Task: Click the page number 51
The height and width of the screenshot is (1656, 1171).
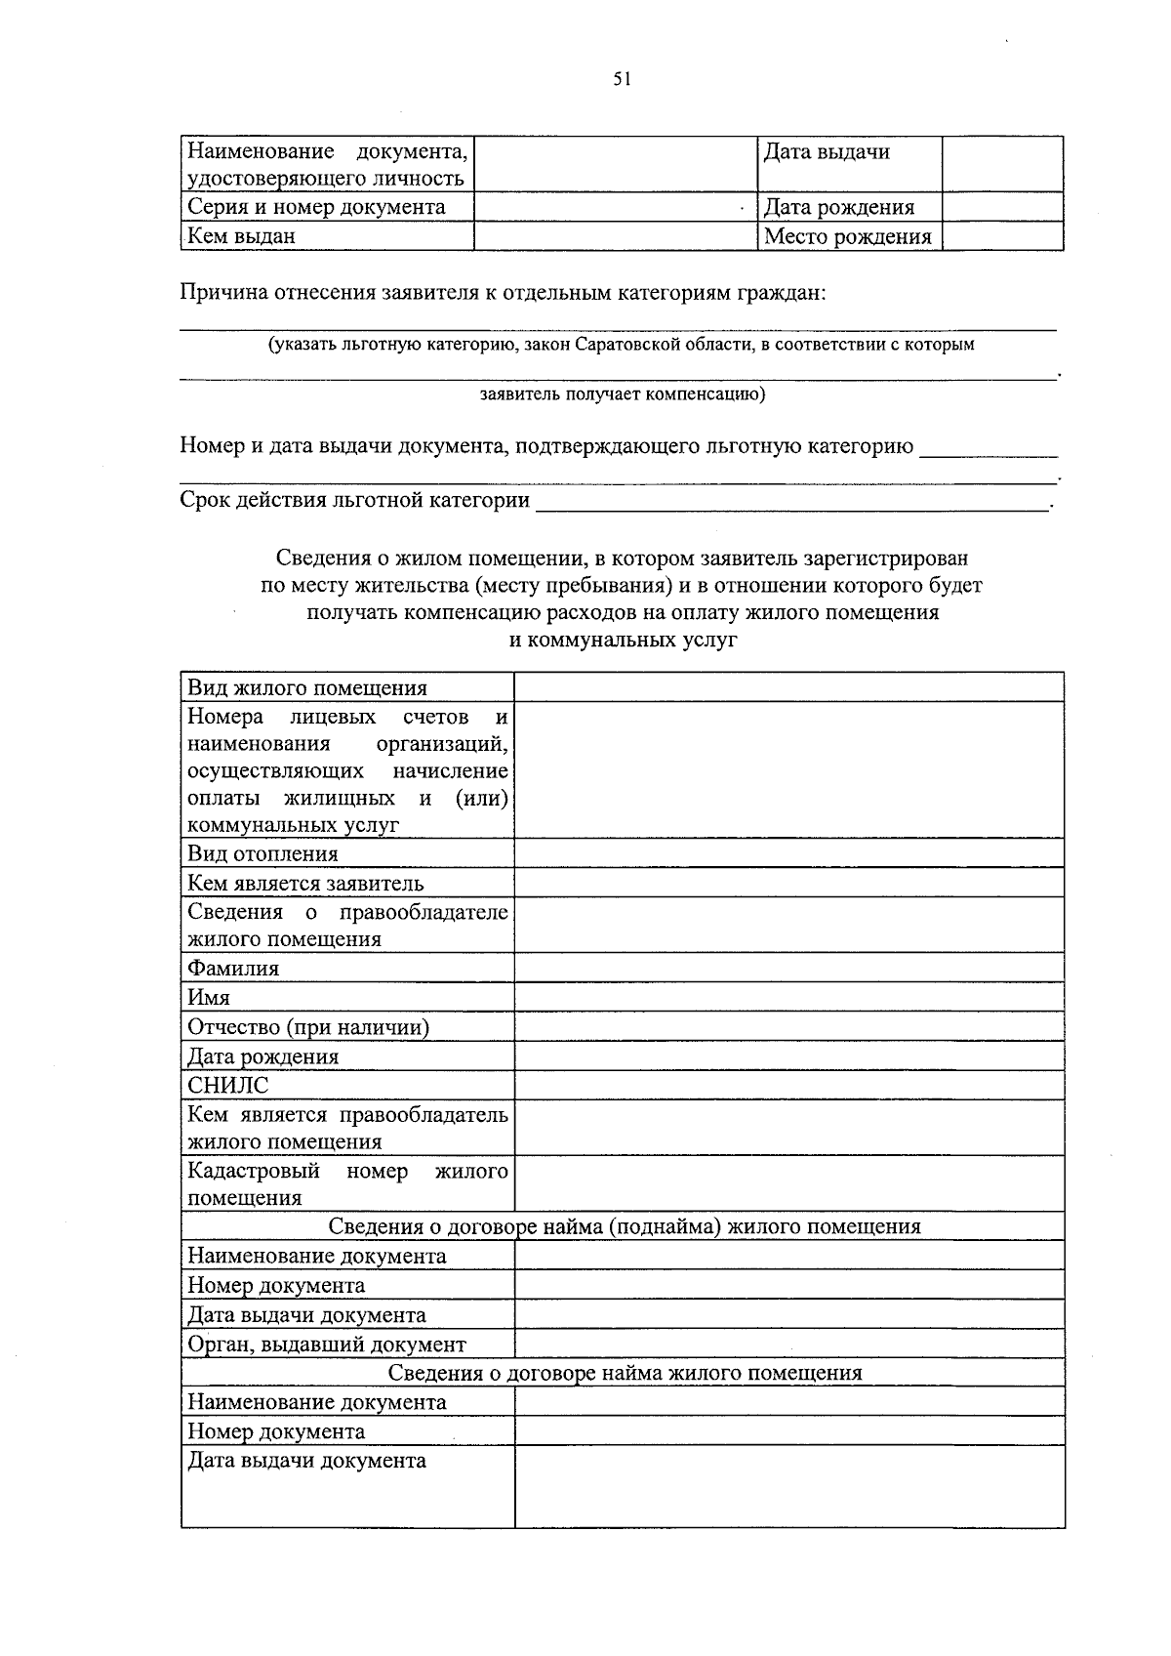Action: click(x=623, y=80)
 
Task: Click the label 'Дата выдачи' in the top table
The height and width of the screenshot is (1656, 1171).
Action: click(x=826, y=151)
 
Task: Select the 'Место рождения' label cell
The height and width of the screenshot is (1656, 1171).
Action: click(x=847, y=236)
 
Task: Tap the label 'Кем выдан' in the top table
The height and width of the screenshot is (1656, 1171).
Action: click(x=241, y=236)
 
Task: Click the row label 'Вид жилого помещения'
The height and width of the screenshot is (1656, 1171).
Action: click(x=306, y=687)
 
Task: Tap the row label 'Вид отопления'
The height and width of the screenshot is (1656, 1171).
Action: click(x=262, y=853)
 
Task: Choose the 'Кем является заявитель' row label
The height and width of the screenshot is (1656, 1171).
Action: click(x=305, y=883)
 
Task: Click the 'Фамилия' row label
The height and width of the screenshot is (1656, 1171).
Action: click(x=233, y=968)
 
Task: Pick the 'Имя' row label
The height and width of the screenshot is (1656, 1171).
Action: click(x=209, y=997)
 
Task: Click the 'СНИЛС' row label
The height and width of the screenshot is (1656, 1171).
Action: click(x=227, y=1085)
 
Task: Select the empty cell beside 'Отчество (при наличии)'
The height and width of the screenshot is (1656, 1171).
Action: click(x=788, y=1026)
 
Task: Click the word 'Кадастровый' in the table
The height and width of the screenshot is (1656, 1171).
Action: click(x=254, y=1170)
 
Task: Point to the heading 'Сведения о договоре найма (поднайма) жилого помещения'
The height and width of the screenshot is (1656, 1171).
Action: click(x=624, y=1226)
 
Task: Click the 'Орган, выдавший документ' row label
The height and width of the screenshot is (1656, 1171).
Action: click(x=326, y=1344)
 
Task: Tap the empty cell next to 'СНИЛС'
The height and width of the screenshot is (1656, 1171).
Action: click(x=788, y=1085)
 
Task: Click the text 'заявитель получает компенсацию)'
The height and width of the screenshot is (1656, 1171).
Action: click(x=623, y=394)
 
